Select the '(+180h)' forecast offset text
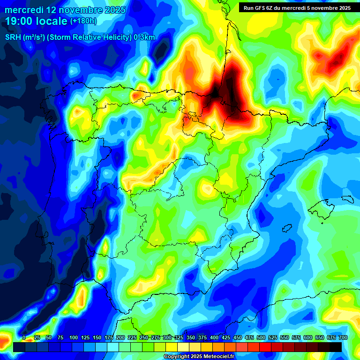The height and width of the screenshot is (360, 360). (x=83, y=21)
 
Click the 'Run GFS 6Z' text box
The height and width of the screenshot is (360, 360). (x=296, y=8)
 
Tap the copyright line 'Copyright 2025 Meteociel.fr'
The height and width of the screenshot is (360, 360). (x=199, y=357)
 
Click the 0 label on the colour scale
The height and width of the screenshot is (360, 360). (x=24, y=337)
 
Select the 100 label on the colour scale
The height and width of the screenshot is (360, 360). (x=74, y=337)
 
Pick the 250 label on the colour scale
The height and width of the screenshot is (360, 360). (x=144, y=337)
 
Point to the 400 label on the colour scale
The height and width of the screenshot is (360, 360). (x=214, y=337)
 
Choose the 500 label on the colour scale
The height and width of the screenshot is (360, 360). (x=261, y=337)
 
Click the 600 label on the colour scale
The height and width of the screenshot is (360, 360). (x=308, y=337)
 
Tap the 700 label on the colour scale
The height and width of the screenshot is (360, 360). (x=343, y=337)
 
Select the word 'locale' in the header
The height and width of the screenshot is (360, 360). (x=50, y=21)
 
